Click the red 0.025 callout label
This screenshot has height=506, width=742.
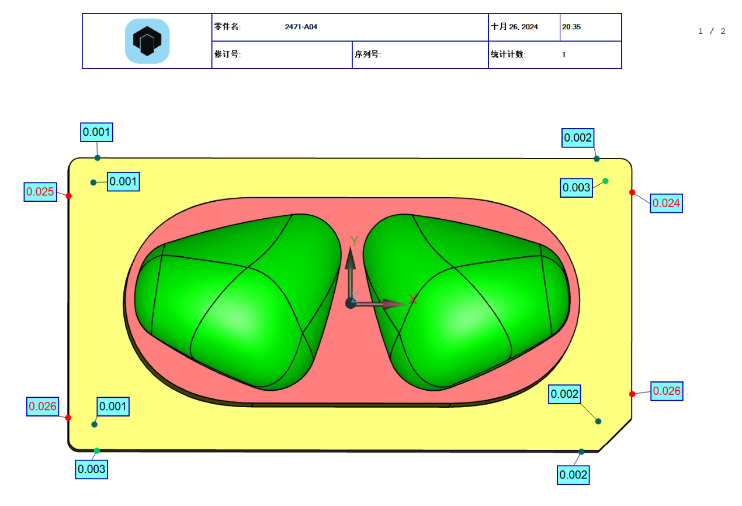pyautogui.click(x=40, y=191)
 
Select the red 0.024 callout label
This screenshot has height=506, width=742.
pyautogui.click(x=666, y=203)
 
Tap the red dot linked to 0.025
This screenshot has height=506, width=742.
pyautogui.click(x=68, y=195)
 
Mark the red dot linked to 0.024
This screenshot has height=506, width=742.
pyautogui.click(x=632, y=192)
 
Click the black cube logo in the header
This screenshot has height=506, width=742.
pyautogui.click(x=147, y=41)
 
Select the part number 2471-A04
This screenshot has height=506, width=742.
pyautogui.click(x=301, y=27)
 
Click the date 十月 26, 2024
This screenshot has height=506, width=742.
pyautogui.click(x=515, y=27)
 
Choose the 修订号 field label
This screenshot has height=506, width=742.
pyautogui.click(x=228, y=54)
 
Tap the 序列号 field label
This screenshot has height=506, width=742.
pyautogui.click(x=367, y=54)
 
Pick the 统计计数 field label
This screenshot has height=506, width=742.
pyautogui.click(x=508, y=54)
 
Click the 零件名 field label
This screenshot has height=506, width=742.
pyautogui.click(x=227, y=27)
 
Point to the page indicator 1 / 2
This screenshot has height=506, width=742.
pyautogui.click(x=712, y=31)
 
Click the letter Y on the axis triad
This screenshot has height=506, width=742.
pyautogui.click(x=353, y=240)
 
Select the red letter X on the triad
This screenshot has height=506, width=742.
pyautogui.click(x=413, y=300)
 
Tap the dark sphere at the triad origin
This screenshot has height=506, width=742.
pyautogui.click(x=351, y=302)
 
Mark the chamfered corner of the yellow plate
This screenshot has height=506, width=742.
pyautogui.click(x=616, y=435)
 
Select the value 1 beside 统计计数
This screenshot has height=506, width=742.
pyautogui.click(x=564, y=54)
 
